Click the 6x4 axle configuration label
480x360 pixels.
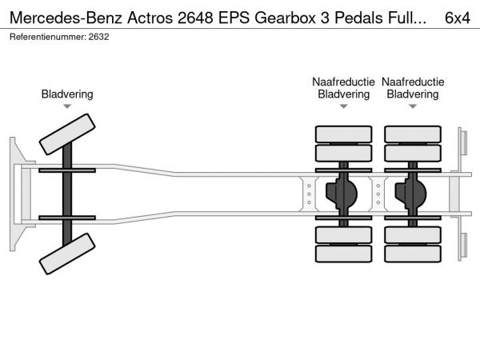pos(458,18)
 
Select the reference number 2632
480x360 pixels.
pos(98,37)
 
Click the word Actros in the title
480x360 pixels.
pos(150,18)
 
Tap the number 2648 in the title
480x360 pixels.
pos(195,18)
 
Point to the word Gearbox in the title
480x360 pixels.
pos(285,18)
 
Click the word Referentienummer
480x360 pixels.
pos(48,37)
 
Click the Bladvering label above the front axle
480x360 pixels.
pos(67,94)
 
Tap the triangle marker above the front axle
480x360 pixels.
pos(67,106)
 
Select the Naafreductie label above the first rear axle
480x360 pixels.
pos(343,82)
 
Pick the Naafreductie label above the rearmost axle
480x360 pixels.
pos(413,82)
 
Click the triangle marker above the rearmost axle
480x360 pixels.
pos(413,106)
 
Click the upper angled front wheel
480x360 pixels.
pos(67,134)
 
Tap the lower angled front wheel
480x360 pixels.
pos(67,254)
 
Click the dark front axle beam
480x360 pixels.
pos(67,194)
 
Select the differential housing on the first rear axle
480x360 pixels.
pos(342,194)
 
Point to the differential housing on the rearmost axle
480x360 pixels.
pos(410,194)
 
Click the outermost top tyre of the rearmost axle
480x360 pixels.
pos(413,134)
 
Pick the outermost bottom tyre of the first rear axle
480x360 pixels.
pos(343,254)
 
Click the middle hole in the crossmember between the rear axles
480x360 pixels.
pos(378,194)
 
